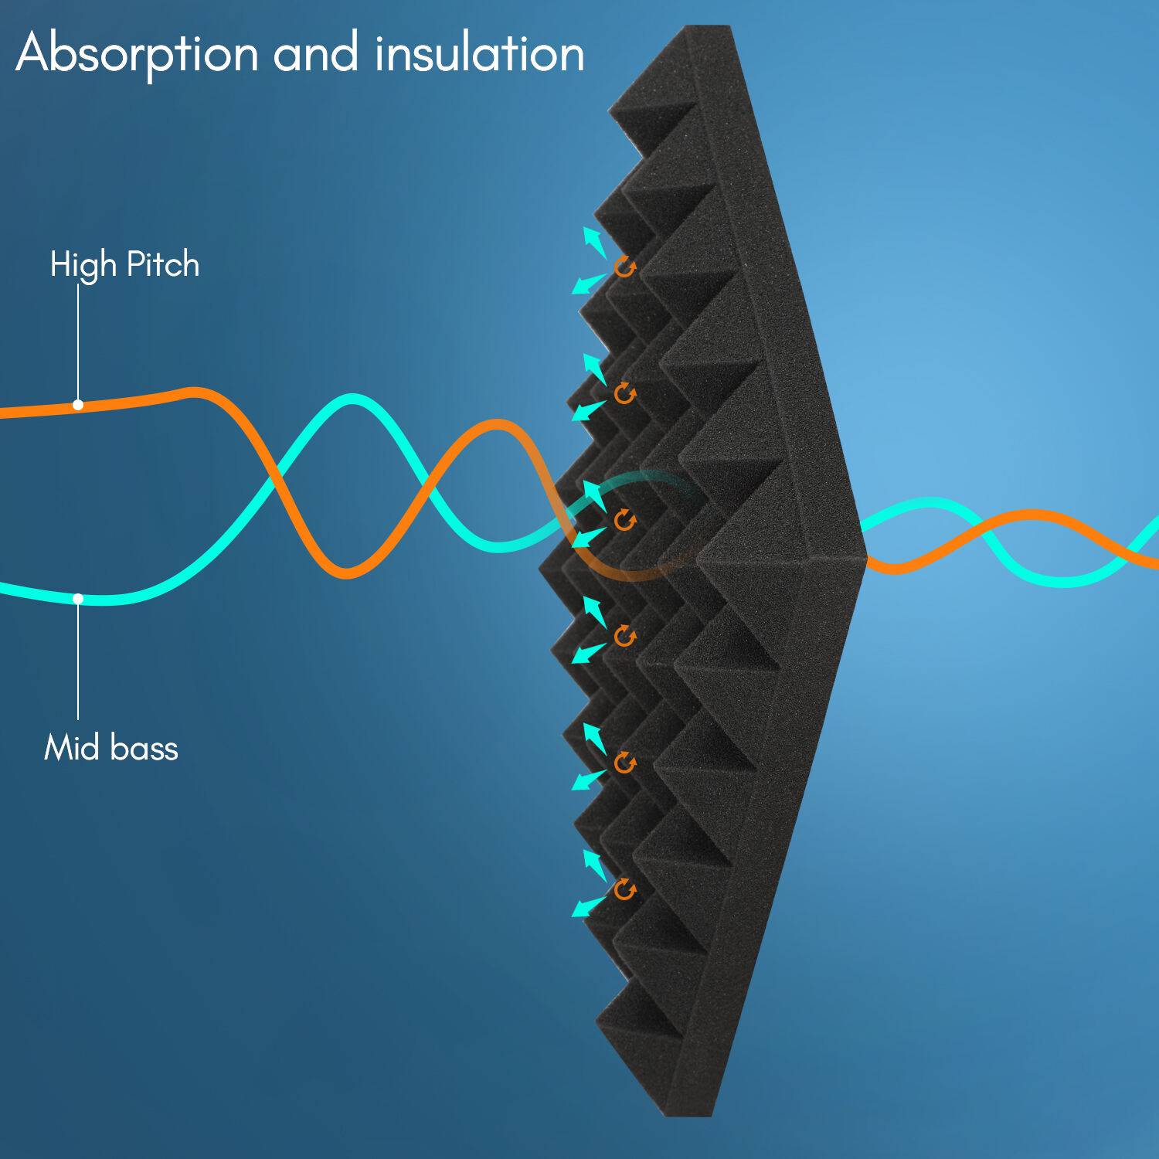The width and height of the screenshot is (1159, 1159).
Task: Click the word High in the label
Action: tap(83, 265)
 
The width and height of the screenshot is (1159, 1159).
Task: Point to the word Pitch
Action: tap(162, 265)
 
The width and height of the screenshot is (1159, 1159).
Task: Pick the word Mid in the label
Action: tap(73, 748)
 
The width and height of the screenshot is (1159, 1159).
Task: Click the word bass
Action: tap(144, 748)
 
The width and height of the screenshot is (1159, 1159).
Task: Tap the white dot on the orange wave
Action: tap(78, 404)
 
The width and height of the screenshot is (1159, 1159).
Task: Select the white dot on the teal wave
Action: tap(78, 599)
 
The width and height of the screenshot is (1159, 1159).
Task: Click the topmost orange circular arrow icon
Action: tap(624, 267)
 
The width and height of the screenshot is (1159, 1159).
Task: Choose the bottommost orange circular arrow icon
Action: tap(624, 890)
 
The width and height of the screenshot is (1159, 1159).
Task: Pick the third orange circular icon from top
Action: tap(624, 520)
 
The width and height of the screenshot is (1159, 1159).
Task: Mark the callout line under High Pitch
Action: tap(78, 340)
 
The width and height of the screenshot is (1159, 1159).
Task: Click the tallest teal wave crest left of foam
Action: tap(352, 399)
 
